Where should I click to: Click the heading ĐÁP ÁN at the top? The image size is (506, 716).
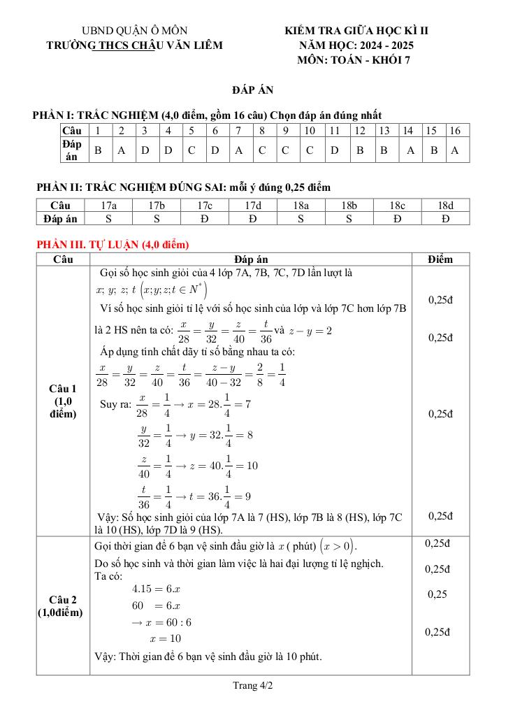[x=252, y=90]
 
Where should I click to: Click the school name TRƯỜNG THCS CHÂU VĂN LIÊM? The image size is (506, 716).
[x=134, y=45]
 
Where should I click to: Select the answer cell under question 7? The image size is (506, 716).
[x=238, y=150]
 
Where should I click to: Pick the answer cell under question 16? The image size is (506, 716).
[x=455, y=150]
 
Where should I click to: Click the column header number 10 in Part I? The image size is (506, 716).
[x=310, y=131]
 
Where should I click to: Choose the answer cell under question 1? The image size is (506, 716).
[x=98, y=150]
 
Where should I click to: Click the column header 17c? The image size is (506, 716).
[x=205, y=206]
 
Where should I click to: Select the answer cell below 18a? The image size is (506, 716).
[x=301, y=218]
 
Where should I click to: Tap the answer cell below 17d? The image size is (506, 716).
[x=253, y=218]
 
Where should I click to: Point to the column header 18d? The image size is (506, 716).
[x=445, y=206]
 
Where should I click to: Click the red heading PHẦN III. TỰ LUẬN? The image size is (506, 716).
[x=113, y=245]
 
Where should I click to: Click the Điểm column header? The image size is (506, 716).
[x=440, y=259]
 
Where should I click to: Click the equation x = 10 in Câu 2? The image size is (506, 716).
[x=165, y=638]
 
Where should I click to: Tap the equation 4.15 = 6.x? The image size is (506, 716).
[x=152, y=589]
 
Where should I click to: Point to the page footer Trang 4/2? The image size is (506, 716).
[x=252, y=687]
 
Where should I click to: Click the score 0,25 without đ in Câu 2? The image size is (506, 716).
[x=437, y=594]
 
